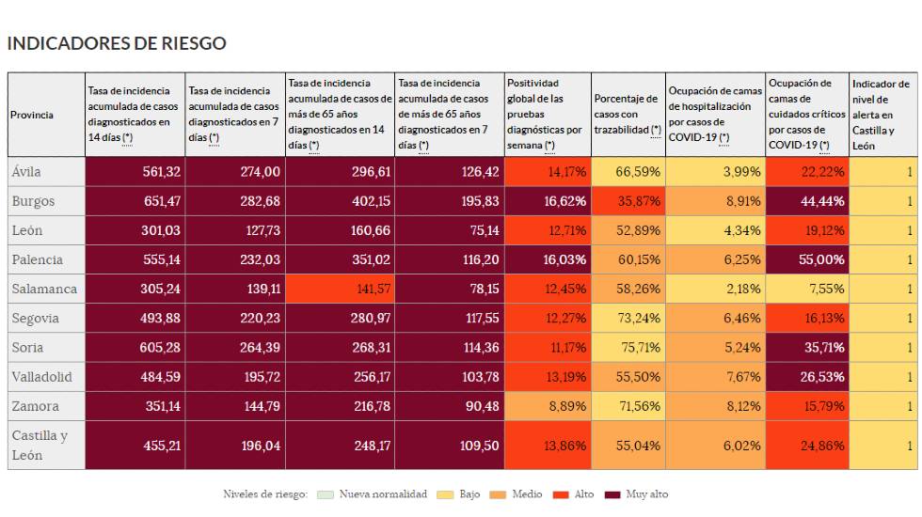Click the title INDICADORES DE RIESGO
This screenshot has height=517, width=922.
pyautogui.click(x=117, y=43)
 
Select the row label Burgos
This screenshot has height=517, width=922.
pyautogui.click(x=33, y=201)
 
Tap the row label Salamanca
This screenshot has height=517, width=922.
pyautogui.click(x=43, y=290)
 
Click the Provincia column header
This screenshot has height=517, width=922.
pyautogui.click(x=33, y=115)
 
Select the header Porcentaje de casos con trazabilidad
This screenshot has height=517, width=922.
pyautogui.click(x=627, y=114)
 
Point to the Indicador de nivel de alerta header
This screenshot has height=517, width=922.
pyautogui.click(x=882, y=115)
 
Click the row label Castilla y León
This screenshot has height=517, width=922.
pyautogui.click(x=40, y=446)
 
